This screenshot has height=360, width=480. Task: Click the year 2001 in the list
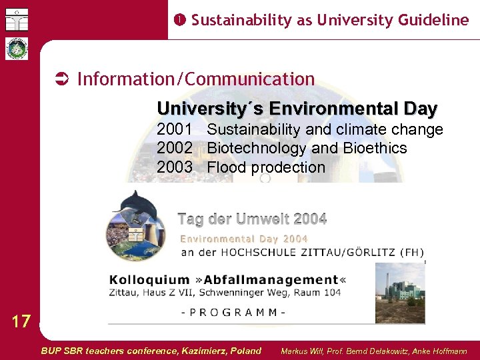point(175,129)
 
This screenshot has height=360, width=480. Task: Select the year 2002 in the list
point(175,148)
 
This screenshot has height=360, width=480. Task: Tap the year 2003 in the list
point(175,167)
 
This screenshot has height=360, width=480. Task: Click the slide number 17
point(21,322)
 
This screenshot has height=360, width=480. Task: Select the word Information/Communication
point(196,79)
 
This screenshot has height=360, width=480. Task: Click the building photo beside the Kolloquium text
point(400,293)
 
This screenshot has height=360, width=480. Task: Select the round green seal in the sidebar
point(16,49)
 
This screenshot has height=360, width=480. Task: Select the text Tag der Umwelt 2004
point(252,219)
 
